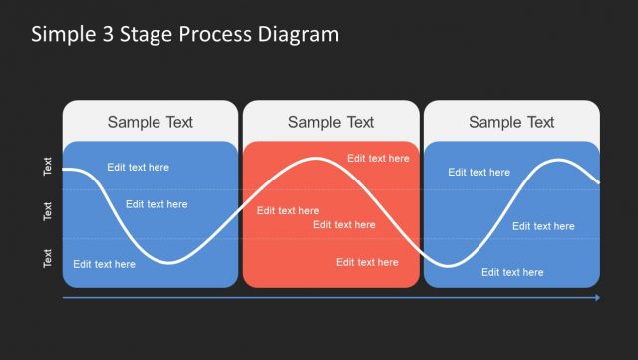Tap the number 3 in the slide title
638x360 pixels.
click(x=107, y=34)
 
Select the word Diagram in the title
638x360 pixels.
click(x=296, y=34)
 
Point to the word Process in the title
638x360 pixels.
click(x=212, y=34)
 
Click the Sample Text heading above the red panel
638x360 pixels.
click(x=331, y=122)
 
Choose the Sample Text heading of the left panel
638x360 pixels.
click(x=151, y=122)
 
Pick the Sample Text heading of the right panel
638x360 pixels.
click(x=511, y=122)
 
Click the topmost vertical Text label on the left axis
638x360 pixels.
click(x=48, y=166)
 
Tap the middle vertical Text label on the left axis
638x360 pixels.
click(x=48, y=211)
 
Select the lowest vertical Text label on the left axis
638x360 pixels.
click(x=48, y=259)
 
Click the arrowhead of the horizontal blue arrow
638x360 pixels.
click(x=596, y=297)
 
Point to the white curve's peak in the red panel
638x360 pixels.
click(x=317, y=159)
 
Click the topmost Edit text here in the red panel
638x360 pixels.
click(x=378, y=158)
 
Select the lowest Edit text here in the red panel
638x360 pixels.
click(x=367, y=262)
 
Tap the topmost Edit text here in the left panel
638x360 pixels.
click(x=139, y=167)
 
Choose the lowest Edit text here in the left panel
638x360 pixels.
click(x=104, y=264)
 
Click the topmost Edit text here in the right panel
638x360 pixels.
click(x=478, y=172)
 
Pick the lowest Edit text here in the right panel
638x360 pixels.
click(x=512, y=272)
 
